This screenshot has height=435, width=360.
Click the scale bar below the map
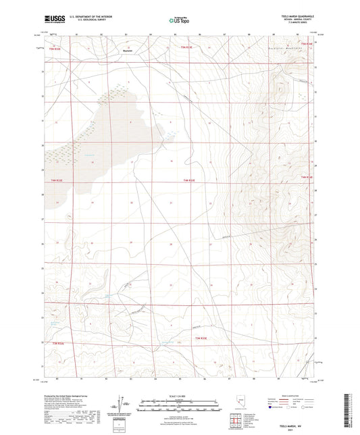pyautogui.click(x=180, y=402)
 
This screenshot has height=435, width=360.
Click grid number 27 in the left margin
pyautogui.click(x=43, y=219)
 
